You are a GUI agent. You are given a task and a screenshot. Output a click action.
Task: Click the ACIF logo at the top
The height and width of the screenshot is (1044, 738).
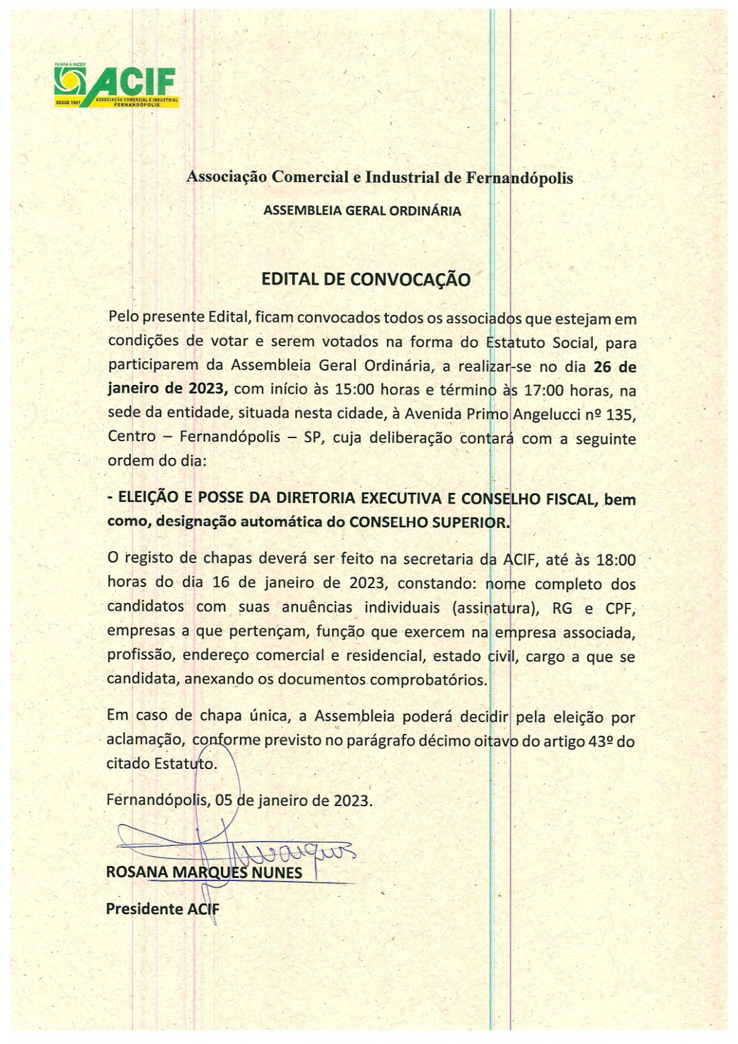point(116,86)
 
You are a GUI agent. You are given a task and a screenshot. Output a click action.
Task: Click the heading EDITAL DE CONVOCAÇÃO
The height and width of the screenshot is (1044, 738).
point(366,279)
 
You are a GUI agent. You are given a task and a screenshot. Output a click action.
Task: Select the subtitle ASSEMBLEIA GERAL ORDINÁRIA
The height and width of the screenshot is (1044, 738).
point(362,211)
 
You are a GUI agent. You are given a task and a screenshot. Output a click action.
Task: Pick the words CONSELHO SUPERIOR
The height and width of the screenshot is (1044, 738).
point(427,522)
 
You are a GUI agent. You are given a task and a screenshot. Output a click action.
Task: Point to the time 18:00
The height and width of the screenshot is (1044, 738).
point(616,560)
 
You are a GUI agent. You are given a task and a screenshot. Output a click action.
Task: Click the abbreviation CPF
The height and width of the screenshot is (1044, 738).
point(620,608)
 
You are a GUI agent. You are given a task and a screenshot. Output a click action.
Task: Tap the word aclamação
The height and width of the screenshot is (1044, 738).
point(145,741)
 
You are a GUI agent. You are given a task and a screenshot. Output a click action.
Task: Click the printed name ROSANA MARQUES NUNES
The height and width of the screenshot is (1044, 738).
point(204,872)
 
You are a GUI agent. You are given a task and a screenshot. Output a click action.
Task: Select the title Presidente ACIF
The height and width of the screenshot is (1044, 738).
point(162,909)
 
